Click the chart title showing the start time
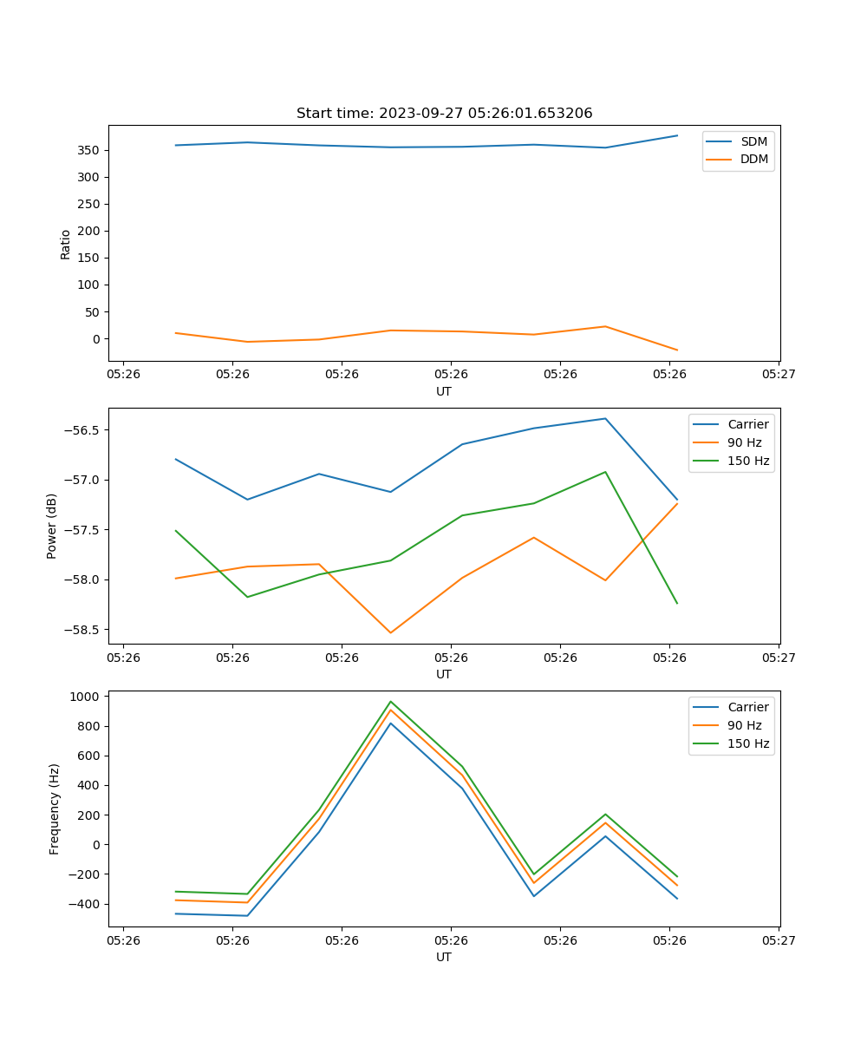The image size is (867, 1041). pyautogui.click(x=444, y=114)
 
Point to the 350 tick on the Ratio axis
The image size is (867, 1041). pyautogui.click(x=89, y=150)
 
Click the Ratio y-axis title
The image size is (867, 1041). pyautogui.click(x=66, y=244)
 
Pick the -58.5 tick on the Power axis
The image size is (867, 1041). pyautogui.click(x=83, y=630)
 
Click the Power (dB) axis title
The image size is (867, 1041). pyautogui.click(x=52, y=526)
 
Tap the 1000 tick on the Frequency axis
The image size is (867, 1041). pyautogui.click(x=88, y=697)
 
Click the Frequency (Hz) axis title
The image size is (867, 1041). pyautogui.click(x=55, y=809)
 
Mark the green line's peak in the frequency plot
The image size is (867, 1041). pyautogui.click(x=390, y=701)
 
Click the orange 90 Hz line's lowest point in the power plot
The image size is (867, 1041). pyautogui.click(x=390, y=632)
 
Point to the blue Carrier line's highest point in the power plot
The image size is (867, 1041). pyautogui.click(x=605, y=418)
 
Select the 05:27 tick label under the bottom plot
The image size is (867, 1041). pyautogui.click(x=779, y=940)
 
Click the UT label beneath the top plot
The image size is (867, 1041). pyautogui.click(x=444, y=391)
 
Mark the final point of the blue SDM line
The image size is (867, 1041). pyautogui.click(x=677, y=135)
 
